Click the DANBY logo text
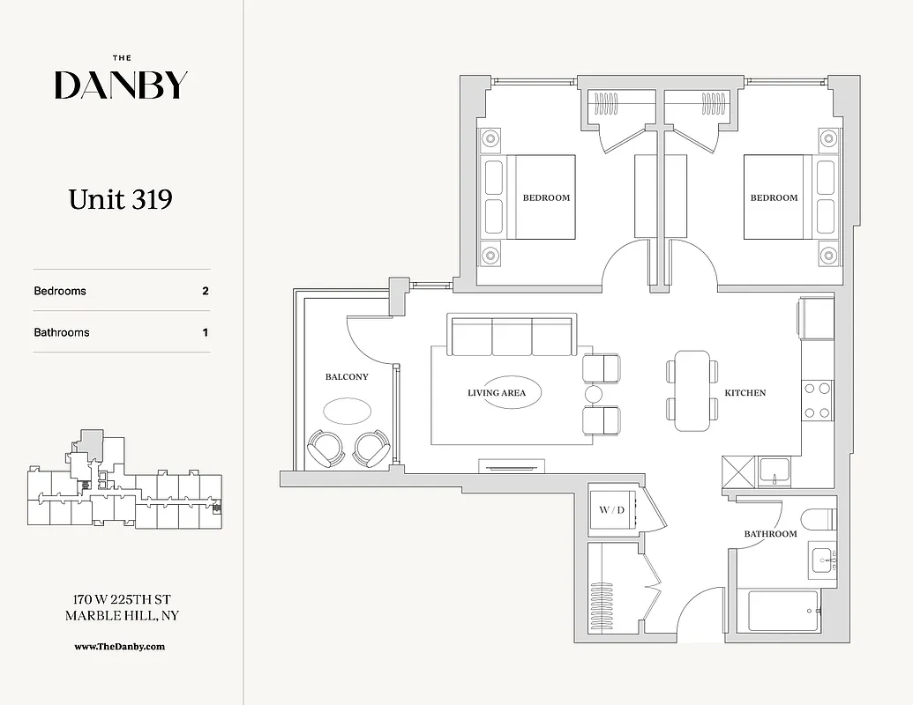[x=121, y=85]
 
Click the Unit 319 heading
[x=120, y=199]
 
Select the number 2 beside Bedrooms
[x=206, y=291]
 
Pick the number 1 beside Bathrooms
[x=206, y=332]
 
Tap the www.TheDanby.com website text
[x=120, y=646]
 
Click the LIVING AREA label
[x=497, y=393]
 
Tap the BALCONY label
[x=347, y=377]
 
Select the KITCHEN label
[x=745, y=393]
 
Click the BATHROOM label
[x=770, y=534]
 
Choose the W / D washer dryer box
[x=610, y=509]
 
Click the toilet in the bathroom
[x=819, y=518]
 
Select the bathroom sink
[x=823, y=560]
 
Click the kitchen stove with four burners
[x=818, y=400]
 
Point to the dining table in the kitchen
[x=692, y=390]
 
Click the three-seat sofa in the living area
[x=512, y=336]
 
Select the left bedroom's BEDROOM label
[x=546, y=198]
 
